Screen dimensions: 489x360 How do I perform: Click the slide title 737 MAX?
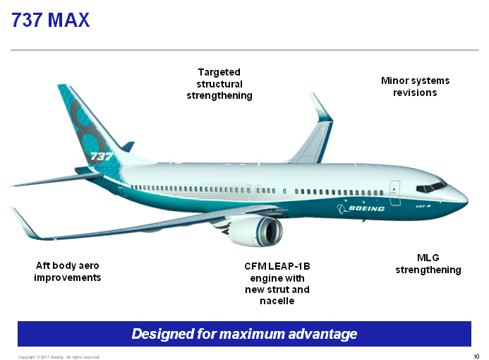pyautogui.click(x=51, y=20)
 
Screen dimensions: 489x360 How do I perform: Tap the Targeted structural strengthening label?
pyautogui.click(x=219, y=84)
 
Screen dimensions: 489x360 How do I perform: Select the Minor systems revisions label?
pyautogui.click(x=415, y=86)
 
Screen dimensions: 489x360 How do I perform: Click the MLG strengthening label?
pyautogui.click(x=428, y=263)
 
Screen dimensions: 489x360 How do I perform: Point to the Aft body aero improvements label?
pyautogui.click(x=67, y=271)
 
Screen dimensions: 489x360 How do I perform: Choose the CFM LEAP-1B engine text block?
pyautogui.click(x=277, y=283)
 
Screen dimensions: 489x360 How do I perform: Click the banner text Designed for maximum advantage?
pyautogui.click(x=244, y=334)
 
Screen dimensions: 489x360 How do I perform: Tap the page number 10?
pyautogui.click(x=476, y=356)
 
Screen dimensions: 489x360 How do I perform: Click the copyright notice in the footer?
pyautogui.click(x=59, y=357)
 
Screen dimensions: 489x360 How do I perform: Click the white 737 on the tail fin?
pyautogui.click(x=102, y=156)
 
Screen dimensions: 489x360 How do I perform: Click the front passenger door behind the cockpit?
pyautogui.click(x=395, y=193)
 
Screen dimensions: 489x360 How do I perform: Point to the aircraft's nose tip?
pyautogui.click(x=468, y=199)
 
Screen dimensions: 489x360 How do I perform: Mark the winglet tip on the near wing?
pyautogui.click(x=11, y=208)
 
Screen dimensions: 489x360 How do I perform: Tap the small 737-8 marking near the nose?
pyautogui.click(x=423, y=206)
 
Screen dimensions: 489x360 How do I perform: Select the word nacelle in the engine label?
pyautogui.click(x=277, y=301)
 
